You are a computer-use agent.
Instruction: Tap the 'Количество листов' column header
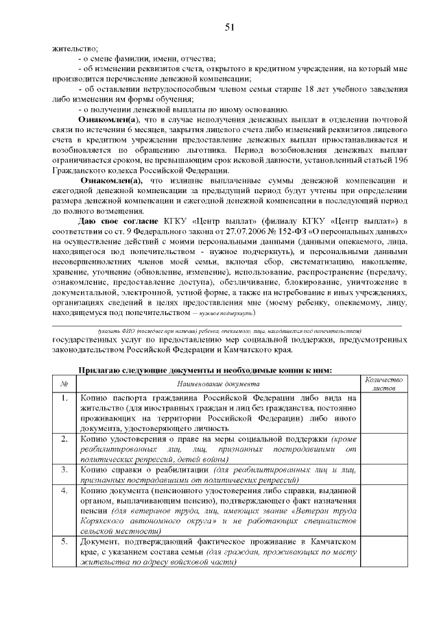pyautogui.click(x=384, y=384)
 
